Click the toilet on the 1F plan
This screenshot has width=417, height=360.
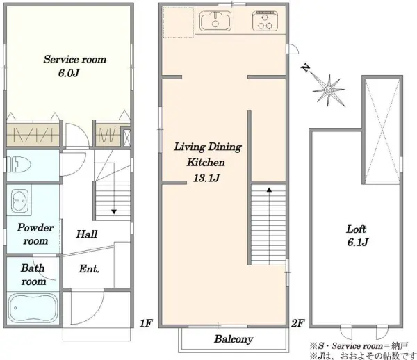19,165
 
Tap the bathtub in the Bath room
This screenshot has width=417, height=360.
33,308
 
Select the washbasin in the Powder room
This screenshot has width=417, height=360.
19,200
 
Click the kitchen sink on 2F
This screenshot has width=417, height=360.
215,21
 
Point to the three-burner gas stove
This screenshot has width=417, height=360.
265,21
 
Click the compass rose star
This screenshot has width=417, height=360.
329,90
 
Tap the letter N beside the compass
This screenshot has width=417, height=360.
306,67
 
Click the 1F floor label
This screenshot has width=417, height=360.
146,323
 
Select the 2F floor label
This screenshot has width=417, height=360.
297,323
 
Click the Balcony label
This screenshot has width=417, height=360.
234,339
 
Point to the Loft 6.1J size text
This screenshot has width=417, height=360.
358,243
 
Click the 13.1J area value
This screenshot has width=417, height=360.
206,178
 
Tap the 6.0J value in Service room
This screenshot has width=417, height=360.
69,72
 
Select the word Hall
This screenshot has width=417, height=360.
87,234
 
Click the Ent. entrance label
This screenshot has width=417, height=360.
89,269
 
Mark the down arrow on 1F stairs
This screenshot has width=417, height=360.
114,212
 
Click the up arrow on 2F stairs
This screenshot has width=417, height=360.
269,190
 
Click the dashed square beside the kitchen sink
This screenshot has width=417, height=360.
178,22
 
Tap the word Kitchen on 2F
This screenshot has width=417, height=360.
206,162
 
